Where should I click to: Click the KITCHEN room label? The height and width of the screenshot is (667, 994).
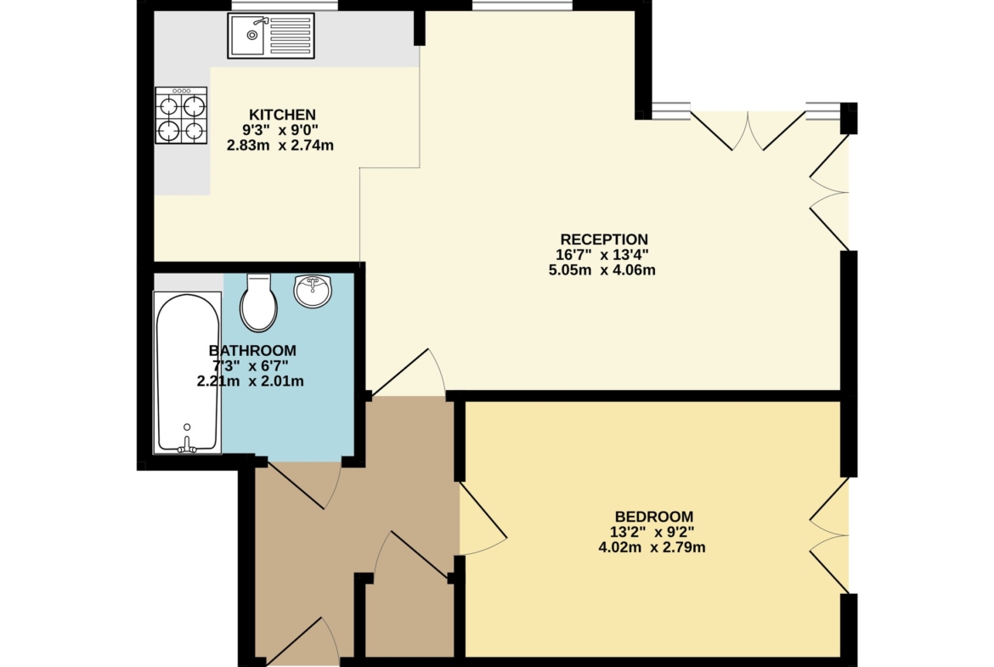point(282,115)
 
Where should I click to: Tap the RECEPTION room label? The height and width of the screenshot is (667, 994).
point(604,240)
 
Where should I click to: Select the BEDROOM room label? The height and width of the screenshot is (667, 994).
point(654,517)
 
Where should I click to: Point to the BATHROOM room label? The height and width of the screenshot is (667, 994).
point(252,351)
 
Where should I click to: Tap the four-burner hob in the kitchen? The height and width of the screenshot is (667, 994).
point(181,116)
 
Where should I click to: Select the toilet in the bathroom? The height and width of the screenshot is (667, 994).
point(258,302)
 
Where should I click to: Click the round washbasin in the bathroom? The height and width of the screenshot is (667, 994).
point(313,291)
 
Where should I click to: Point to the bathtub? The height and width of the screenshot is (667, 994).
point(188,373)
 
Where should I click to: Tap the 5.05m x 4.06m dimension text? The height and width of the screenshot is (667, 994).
point(601,270)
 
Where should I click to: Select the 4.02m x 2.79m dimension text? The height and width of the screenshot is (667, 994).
point(652,547)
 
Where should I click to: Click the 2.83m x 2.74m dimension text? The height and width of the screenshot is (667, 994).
point(280,145)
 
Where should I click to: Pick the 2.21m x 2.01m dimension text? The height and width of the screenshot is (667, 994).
point(251,381)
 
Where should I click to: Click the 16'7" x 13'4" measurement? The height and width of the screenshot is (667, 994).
point(602,255)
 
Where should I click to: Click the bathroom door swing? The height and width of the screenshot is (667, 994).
point(304,485)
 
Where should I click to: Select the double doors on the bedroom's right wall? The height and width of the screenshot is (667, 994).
point(829,536)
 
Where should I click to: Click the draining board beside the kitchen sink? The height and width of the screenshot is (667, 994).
point(291,36)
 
